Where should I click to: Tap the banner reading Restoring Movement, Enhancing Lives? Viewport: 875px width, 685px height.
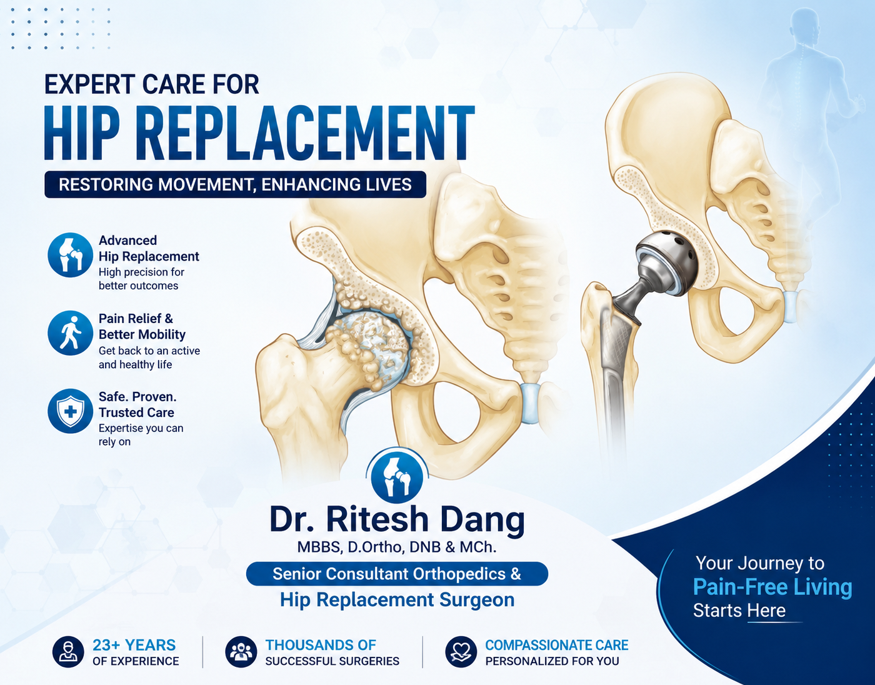tap(235, 184)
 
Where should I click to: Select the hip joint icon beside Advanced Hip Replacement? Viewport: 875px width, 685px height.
tap(71, 255)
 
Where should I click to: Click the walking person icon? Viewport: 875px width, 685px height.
tap(71, 333)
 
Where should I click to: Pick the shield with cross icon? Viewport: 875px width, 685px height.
tap(71, 411)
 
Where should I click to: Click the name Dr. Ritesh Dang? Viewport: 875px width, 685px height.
tap(397, 519)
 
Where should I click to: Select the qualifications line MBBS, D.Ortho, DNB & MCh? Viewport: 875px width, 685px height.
tap(397, 547)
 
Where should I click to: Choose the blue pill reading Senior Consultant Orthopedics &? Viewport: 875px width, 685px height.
tap(397, 574)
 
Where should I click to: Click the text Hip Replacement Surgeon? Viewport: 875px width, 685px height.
tap(397, 599)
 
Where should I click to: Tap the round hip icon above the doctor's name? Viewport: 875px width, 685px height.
tap(397, 476)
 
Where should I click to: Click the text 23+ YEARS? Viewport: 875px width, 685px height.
tap(134, 645)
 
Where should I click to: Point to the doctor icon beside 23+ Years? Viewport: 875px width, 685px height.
tap(68, 652)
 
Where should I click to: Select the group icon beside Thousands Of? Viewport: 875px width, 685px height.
tap(241, 652)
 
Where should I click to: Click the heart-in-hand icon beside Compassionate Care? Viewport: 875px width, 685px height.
tap(461, 652)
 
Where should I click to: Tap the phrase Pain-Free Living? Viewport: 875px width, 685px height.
tap(772, 587)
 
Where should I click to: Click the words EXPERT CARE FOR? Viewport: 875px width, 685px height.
tap(151, 84)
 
